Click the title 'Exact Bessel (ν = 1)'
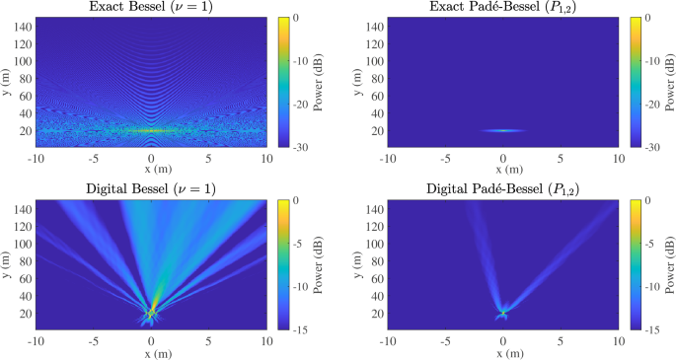(x=151, y=8)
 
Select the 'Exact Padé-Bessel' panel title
(x=502, y=8)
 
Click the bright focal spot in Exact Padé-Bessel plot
(x=503, y=130)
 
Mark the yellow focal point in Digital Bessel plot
(x=152, y=312)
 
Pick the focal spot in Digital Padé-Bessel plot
(x=503, y=312)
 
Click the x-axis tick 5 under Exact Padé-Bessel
(x=561, y=159)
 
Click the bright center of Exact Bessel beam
(x=151, y=130)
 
